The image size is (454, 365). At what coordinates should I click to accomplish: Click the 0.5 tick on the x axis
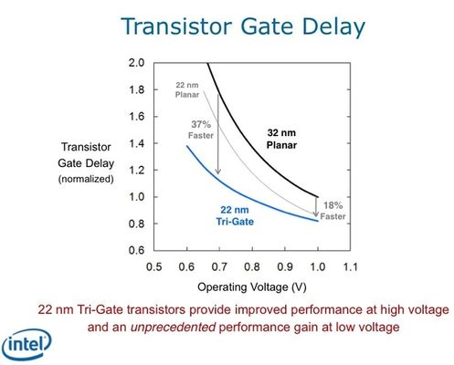pos(153,266)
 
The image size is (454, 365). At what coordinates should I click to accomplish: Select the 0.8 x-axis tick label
pos(251,266)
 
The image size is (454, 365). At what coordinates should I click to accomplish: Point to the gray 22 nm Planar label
pos(187,89)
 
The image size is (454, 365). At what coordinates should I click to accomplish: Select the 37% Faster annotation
pos(202,129)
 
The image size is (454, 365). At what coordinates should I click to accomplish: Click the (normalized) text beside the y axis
pos(87,179)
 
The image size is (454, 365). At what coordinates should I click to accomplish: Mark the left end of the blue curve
pos(186,146)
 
